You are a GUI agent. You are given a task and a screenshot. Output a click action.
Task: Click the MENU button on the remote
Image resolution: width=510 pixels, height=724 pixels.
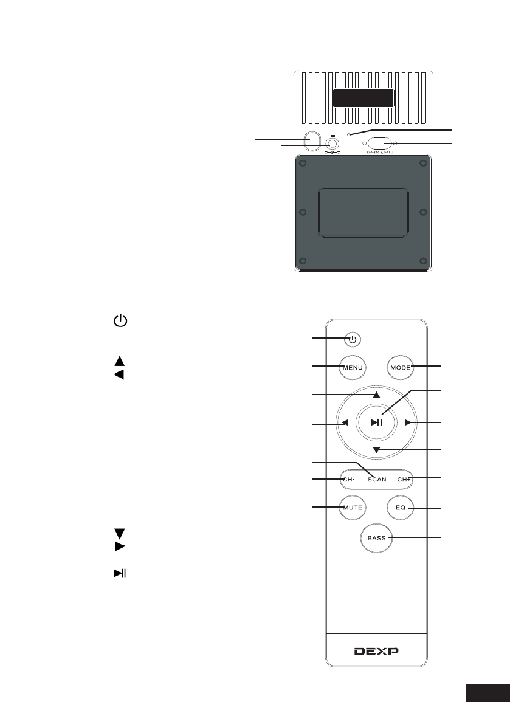pos(353,367)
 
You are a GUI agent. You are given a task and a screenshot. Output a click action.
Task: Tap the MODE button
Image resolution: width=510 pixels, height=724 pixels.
pos(401,367)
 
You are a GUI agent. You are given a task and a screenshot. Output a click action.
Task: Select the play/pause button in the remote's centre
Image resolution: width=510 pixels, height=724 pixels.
pos(377,423)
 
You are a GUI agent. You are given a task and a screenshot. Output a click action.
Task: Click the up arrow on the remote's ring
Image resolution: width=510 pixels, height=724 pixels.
pos(377,395)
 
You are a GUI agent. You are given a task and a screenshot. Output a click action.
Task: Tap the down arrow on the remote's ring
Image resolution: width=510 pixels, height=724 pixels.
pos(377,450)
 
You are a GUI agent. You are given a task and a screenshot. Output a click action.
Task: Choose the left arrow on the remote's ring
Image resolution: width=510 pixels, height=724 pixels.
pos(345,423)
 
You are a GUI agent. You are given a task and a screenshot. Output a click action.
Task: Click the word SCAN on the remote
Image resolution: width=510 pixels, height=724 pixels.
pos(377,479)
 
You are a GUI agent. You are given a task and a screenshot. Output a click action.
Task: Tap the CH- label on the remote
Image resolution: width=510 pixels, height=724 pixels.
pos(348,479)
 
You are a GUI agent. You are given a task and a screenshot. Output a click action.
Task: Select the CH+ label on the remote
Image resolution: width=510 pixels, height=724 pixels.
pos(405,479)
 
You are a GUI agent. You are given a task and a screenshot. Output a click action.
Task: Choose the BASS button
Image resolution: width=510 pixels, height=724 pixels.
pos(377,538)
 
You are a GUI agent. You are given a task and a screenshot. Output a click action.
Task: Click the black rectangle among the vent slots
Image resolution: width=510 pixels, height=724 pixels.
pos(362,98)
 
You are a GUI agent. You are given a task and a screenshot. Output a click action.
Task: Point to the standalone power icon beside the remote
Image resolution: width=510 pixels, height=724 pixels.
pos(120,320)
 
